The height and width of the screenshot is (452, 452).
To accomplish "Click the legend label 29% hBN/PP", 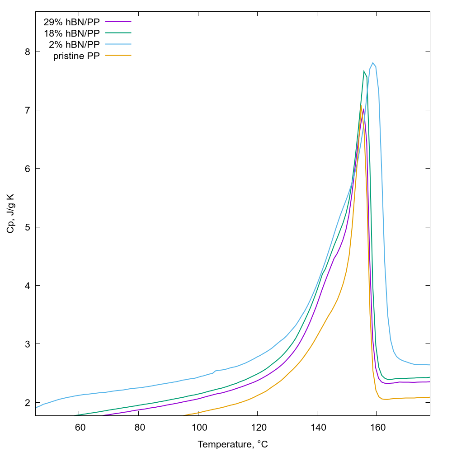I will click(x=71, y=22).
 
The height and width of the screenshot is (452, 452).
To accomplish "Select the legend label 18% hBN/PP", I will click(x=71, y=33).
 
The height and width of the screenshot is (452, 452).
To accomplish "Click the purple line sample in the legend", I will click(x=118, y=22).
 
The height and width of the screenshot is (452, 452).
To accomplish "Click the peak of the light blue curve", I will click(x=373, y=63).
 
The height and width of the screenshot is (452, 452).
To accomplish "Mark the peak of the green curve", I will click(x=364, y=71).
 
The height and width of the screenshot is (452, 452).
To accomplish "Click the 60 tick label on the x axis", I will click(x=80, y=427).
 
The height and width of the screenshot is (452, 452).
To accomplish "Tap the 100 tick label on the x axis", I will click(x=199, y=427).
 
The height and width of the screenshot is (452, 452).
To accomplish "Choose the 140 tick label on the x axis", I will click(x=317, y=427).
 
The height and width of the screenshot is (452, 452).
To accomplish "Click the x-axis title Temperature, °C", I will click(x=233, y=444).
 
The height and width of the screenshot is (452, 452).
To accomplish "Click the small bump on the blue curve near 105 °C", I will click(x=215, y=371).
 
